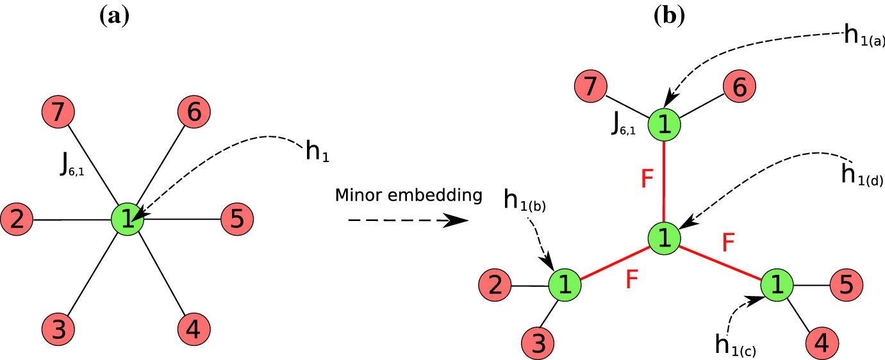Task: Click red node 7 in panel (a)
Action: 58,115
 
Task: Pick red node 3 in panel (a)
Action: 58,330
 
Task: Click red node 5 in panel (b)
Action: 846,284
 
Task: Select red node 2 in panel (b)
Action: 495,284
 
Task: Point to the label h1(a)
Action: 863,36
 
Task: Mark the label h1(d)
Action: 861,174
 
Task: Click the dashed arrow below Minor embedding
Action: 408,220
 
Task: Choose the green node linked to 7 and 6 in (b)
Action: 664,124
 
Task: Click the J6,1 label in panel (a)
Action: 70,165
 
